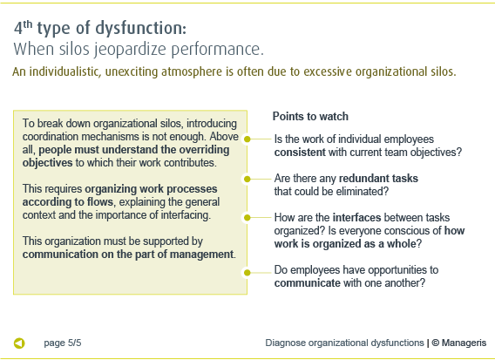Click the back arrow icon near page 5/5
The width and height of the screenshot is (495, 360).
19,343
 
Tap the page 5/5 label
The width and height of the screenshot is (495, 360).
63,343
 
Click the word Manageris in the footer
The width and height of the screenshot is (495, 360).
464,343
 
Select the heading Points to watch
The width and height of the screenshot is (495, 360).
310,116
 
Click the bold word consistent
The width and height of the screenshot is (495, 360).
300,153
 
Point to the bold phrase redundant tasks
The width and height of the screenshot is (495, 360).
378,179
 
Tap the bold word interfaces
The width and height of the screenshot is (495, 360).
356,218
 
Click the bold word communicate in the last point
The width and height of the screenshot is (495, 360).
307,283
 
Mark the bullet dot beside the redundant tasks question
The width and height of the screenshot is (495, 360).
247,179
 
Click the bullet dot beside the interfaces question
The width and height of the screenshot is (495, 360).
247,218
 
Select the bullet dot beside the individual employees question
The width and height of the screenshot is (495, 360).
247,139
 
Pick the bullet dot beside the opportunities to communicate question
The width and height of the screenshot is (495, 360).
247,273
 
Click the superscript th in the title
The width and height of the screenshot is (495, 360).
28,24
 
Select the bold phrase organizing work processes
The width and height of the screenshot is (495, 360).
151,189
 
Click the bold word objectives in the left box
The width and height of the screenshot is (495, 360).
47,163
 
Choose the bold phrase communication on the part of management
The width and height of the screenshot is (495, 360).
128,255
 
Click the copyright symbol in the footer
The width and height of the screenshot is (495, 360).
436,343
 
